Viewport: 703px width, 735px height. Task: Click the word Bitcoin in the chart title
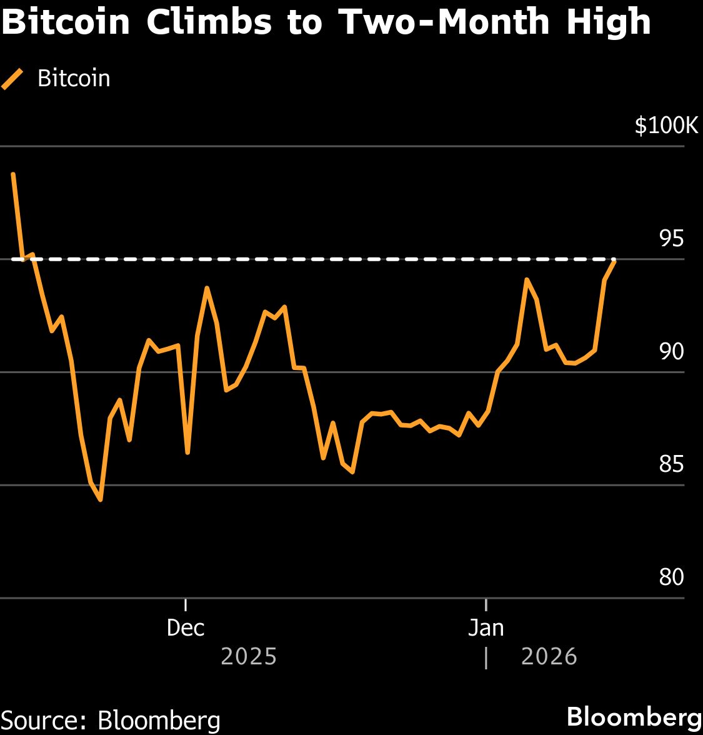[65, 22]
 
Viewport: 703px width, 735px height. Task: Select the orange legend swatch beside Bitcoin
[12, 79]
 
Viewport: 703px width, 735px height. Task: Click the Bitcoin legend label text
[74, 79]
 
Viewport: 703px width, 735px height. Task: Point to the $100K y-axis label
[666, 126]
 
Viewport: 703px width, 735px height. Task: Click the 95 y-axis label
[671, 239]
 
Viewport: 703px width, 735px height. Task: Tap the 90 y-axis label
[671, 352]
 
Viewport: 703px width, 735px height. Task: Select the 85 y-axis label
[671, 464]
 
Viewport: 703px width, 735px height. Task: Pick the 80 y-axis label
[671, 577]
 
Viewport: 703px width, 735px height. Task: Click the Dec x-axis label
[186, 627]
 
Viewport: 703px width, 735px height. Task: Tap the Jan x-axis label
[486, 627]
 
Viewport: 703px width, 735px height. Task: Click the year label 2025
[249, 657]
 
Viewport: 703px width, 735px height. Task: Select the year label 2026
[549, 657]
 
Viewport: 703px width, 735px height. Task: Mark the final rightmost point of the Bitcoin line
[614, 262]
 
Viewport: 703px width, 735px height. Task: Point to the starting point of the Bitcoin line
[12, 174]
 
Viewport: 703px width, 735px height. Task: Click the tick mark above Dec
[186, 604]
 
